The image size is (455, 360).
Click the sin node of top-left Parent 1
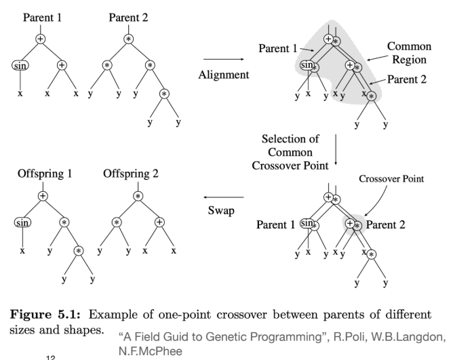pyautogui.click(x=22, y=66)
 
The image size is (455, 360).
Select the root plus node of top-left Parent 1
pyautogui.click(x=41, y=39)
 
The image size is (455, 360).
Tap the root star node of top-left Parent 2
pyautogui.click(x=127, y=39)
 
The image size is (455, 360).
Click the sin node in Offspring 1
pyautogui.click(x=22, y=221)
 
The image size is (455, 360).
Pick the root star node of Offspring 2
pyautogui.click(x=138, y=195)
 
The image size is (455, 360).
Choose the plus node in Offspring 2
pyautogui.click(x=160, y=222)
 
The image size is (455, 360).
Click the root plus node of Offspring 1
pyautogui.click(x=43, y=195)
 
